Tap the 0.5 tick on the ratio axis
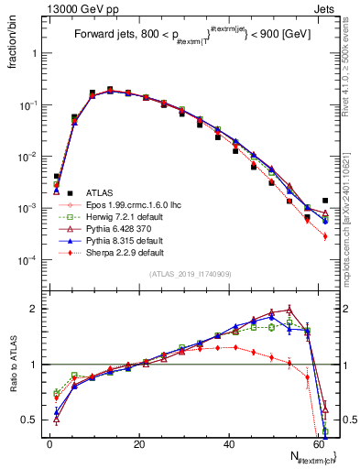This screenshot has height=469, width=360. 32,420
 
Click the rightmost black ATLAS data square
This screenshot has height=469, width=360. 325,201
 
